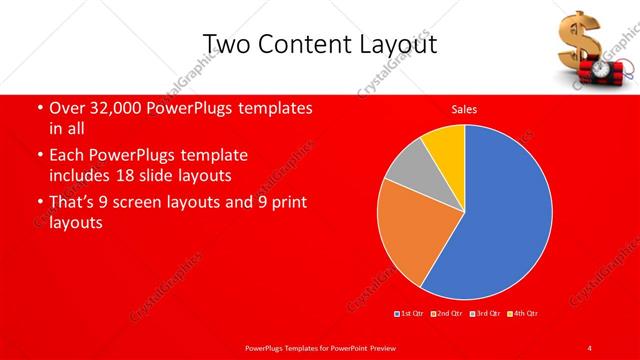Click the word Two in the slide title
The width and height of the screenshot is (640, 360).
[224, 45]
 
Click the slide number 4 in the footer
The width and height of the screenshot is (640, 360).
[591, 347]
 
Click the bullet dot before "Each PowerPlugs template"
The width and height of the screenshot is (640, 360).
[39, 156]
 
